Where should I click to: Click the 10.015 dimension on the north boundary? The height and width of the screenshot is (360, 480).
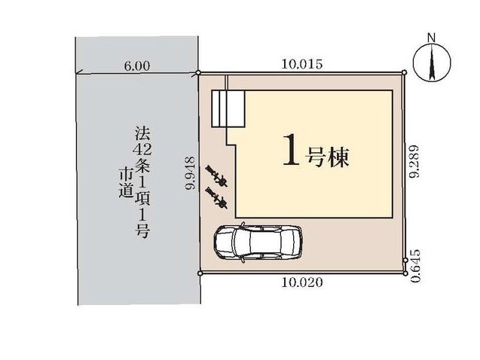(302, 64)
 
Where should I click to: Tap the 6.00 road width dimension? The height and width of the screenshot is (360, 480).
(137, 66)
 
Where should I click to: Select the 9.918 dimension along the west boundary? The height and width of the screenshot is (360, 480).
(191, 173)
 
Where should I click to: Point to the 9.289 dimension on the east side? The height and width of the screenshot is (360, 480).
(415, 161)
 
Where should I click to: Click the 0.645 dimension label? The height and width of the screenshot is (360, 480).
(415, 266)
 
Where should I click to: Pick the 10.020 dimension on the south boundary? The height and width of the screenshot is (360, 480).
(302, 282)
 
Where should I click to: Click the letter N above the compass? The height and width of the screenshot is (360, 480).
(432, 38)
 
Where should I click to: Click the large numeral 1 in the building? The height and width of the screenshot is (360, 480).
(291, 150)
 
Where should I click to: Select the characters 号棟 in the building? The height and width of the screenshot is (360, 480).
(327, 157)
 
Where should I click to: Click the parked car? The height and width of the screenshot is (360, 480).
(258, 243)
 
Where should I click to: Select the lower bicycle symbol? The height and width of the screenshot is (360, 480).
(216, 199)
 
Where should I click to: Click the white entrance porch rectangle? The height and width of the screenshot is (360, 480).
(228, 108)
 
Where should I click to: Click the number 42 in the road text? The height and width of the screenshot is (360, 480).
(142, 150)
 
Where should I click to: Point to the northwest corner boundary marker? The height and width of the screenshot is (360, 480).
(198, 72)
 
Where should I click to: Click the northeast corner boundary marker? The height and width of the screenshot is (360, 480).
(405, 72)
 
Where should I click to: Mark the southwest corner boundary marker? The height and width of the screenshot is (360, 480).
(200, 273)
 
